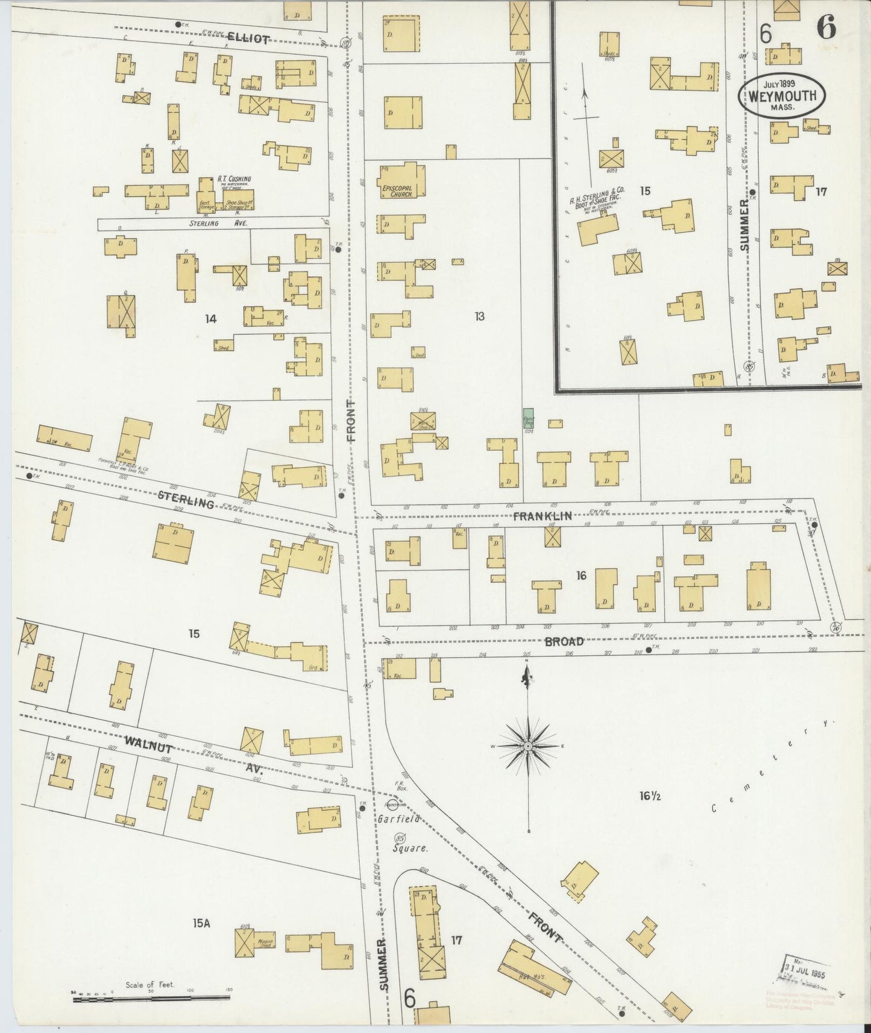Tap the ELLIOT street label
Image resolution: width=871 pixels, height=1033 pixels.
248,39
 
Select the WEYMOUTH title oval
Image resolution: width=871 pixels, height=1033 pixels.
782,96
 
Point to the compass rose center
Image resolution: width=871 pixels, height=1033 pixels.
528,746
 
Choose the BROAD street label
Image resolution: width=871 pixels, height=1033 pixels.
564,641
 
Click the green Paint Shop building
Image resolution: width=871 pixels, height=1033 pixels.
529,418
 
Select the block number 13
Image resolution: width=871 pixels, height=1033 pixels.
479,316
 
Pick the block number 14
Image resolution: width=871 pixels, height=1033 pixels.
210,319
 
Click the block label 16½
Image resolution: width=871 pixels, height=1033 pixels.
651,796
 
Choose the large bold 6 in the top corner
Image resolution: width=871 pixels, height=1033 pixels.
826,28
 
